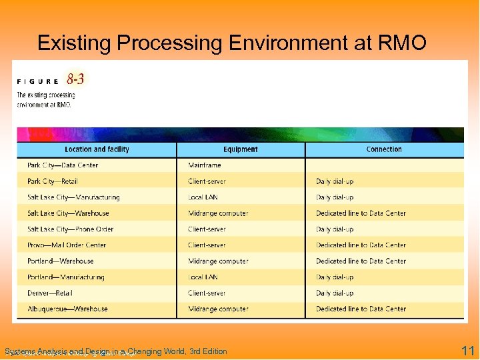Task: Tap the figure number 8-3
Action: coord(75,80)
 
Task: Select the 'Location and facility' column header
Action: coord(97,149)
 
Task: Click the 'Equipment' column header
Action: coord(241,149)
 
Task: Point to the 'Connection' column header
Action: coord(384,149)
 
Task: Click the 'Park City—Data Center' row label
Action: coord(63,165)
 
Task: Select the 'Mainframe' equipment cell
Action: coord(205,165)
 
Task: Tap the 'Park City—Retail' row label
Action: coord(53,181)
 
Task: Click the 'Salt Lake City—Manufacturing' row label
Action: coord(73,197)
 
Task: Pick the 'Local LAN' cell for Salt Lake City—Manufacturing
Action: coord(203,197)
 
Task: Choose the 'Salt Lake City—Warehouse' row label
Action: coord(68,213)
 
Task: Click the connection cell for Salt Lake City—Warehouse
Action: coord(361,213)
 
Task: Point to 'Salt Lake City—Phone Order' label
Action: coord(70,229)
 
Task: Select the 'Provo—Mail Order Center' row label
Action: coord(67,245)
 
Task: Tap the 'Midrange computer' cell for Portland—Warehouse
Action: coord(218,261)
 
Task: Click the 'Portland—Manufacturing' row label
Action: coord(65,277)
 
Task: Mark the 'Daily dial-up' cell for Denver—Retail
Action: coord(335,293)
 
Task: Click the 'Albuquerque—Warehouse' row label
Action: coord(67,309)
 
